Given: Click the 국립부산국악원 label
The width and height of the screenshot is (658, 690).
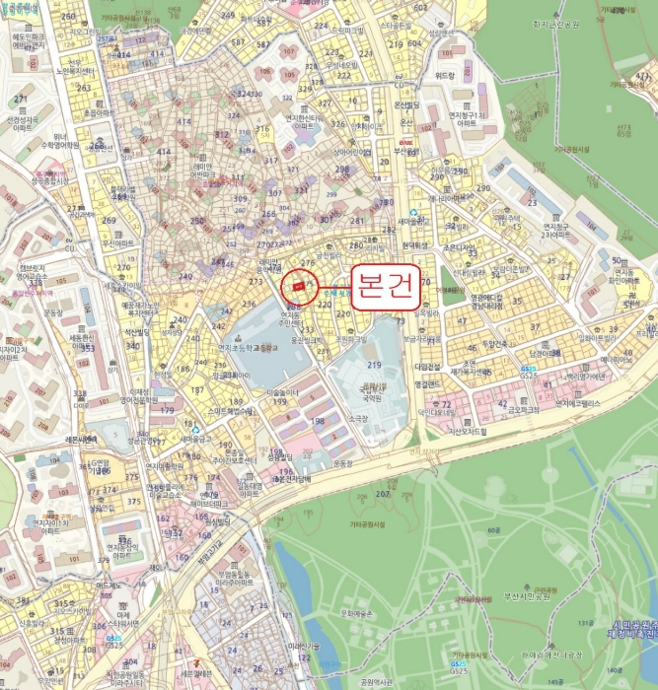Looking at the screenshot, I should [371, 395].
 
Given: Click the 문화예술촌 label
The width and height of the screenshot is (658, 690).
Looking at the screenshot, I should [358, 613].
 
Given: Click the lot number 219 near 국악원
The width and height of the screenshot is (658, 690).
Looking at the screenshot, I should [374, 365].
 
